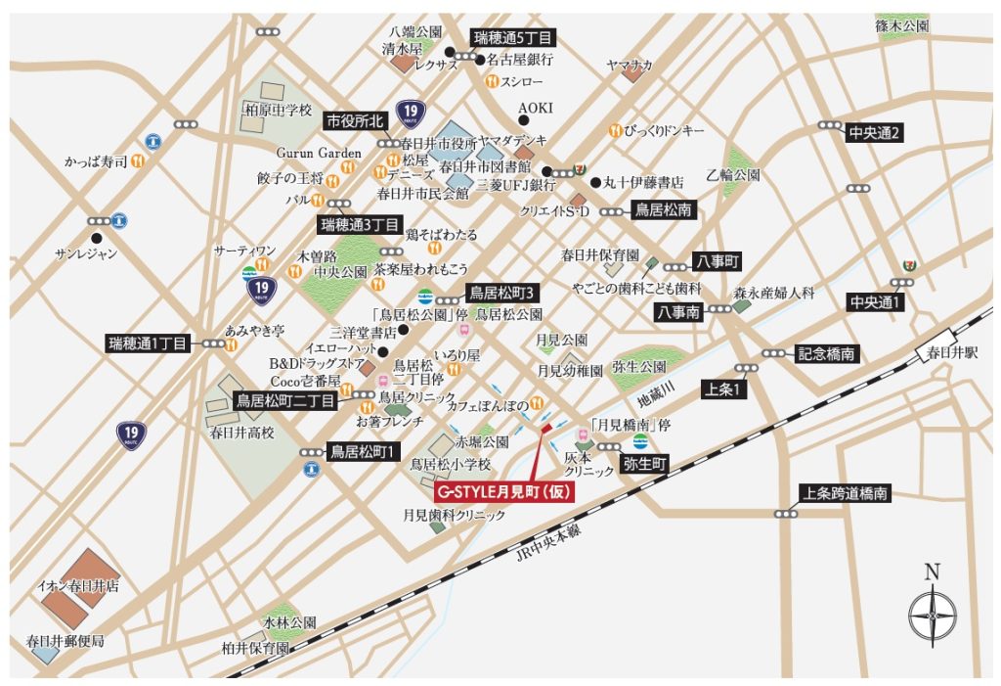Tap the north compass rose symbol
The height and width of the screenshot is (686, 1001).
click(x=932, y=615)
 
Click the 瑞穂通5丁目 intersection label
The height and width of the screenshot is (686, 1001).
click(x=513, y=38)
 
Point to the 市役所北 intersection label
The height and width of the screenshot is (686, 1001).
click(x=357, y=121)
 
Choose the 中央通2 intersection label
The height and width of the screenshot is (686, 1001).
click(x=875, y=132)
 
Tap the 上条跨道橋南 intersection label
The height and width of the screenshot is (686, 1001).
click(x=846, y=495)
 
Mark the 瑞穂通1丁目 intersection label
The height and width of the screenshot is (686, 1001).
click(x=152, y=343)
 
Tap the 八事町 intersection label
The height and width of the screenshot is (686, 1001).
click(x=718, y=262)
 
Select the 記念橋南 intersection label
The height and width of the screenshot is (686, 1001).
click(x=827, y=354)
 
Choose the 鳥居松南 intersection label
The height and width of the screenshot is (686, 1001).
click(x=664, y=209)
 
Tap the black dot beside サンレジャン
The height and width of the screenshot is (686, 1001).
click(x=96, y=237)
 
